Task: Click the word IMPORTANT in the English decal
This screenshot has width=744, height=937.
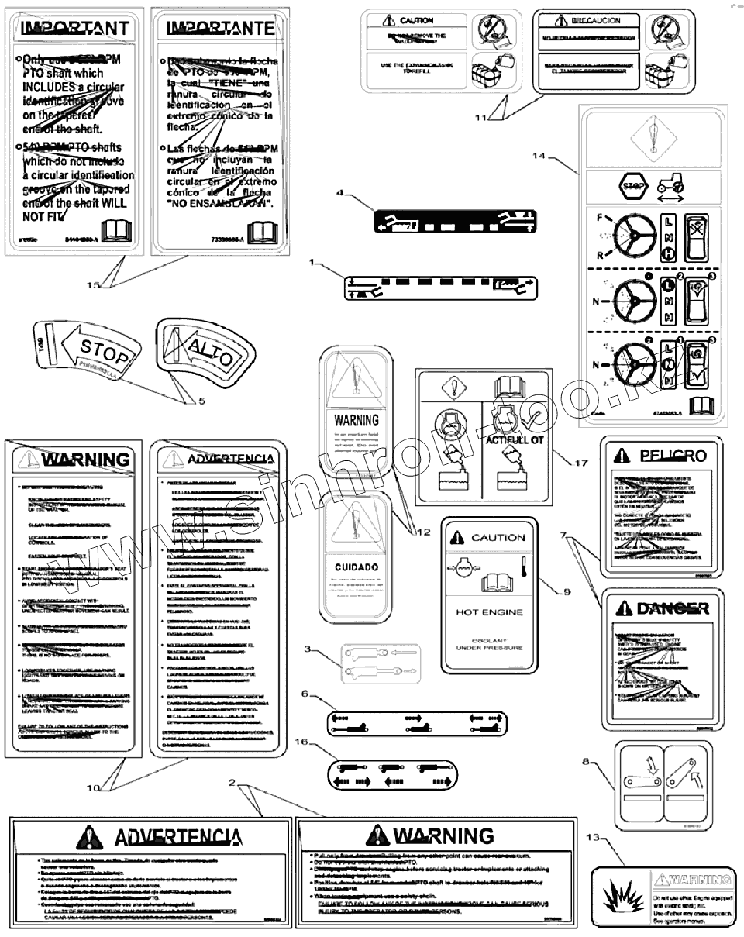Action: click(x=75, y=29)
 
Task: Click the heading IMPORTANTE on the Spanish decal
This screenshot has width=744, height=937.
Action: click(x=221, y=29)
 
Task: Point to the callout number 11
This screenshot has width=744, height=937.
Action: click(x=481, y=118)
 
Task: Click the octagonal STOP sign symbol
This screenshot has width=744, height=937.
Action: click(x=629, y=187)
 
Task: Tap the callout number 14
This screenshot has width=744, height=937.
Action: click(x=540, y=156)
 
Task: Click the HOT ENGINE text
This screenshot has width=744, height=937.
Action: click(x=487, y=612)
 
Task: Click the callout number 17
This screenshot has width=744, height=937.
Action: click(x=581, y=463)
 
